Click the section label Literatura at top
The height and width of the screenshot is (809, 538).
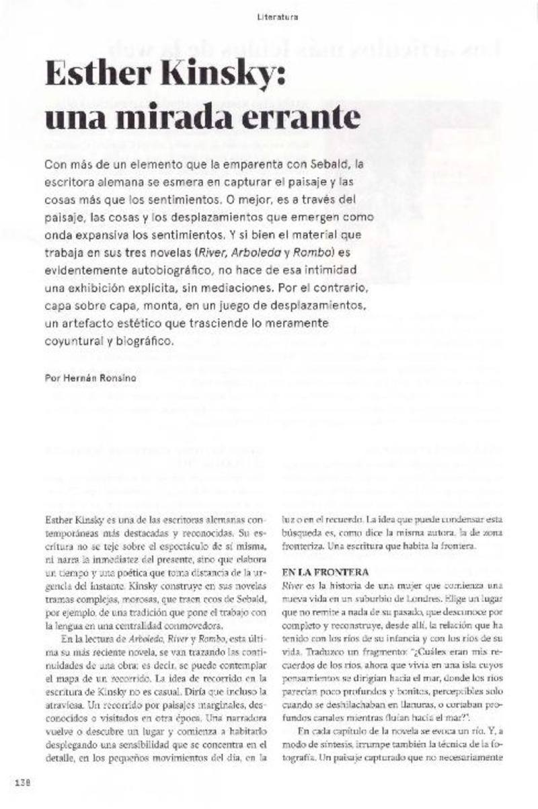pos(277,16)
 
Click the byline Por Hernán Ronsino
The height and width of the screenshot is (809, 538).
pos(90,378)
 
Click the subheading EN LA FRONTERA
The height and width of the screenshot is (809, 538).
pos(325,572)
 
